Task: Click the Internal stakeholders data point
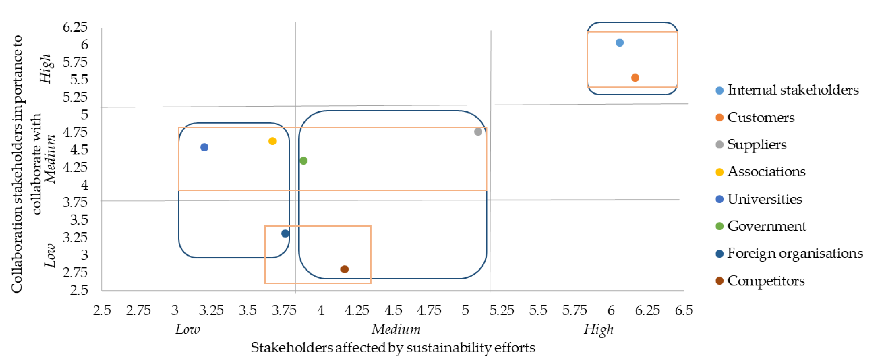pos(619,43)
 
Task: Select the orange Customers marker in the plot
pos(635,78)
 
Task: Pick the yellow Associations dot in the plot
pos(272,141)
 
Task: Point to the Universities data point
pos(204,147)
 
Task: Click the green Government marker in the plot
pos(303,161)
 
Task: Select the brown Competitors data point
pos(344,269)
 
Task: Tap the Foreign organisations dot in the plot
pos(285,233)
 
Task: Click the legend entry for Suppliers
pos(757,145)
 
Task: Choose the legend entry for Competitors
pos(766,281)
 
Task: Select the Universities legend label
pos(764,199)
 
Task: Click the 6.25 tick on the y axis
pos(75,27)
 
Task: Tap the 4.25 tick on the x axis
pos(357,310)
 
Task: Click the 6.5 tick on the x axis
pos(684,310)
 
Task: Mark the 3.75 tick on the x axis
pos(284,310)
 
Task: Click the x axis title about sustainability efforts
pos(393,348)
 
